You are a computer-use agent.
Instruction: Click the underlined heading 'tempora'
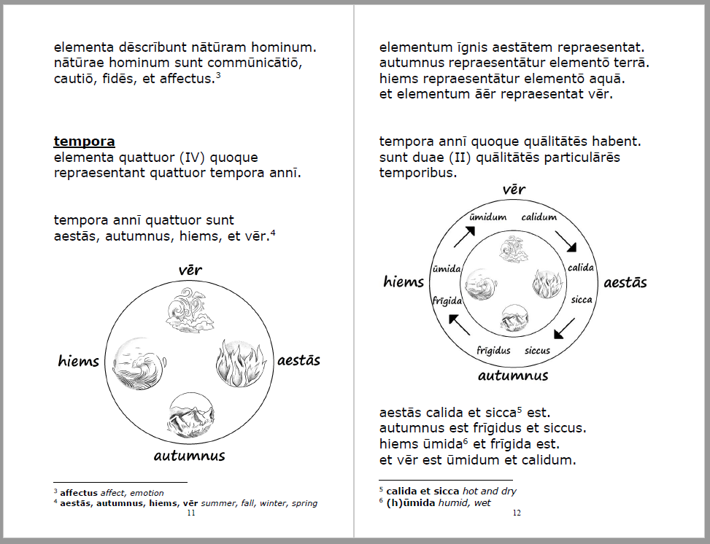84,141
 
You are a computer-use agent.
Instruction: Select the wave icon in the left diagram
139,363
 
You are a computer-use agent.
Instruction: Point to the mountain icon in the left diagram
191,416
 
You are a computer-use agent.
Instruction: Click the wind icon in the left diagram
189,310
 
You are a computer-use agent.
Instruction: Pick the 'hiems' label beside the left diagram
78,361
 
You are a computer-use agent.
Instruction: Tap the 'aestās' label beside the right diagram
625,283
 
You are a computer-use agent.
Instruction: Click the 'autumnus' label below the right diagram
513,376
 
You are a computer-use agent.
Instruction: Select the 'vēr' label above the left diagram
190,271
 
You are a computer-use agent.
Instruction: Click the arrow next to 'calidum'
566,241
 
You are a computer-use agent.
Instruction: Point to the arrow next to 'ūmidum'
465,237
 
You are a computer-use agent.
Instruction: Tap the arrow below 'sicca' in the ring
564,328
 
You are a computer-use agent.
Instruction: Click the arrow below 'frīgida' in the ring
459,325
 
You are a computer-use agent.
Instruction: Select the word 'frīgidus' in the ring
493,351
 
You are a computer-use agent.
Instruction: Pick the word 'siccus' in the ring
538,351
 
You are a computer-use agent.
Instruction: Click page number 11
191,513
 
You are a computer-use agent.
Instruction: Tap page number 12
517,513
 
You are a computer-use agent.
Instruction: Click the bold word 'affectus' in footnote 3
79,493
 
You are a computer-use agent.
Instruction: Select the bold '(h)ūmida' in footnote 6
411,503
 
